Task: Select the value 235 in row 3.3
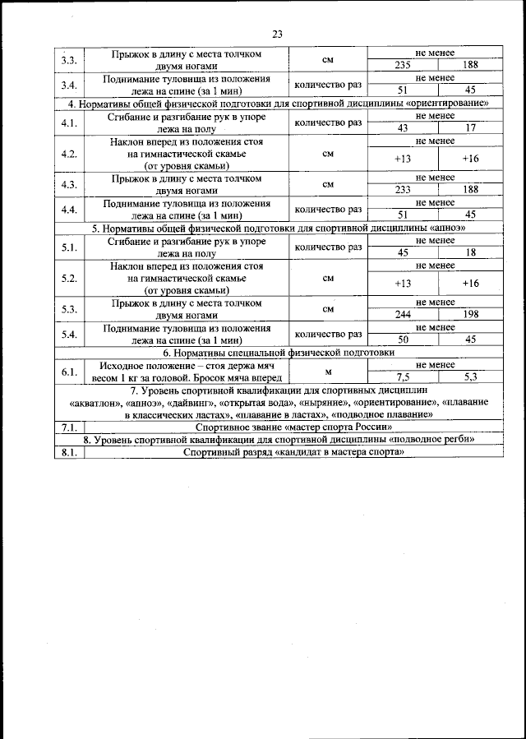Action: (403, 65)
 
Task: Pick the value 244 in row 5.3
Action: (403, 313)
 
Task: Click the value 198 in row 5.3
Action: (470, 313)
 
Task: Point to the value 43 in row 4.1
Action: (403, 127)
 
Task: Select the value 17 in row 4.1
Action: (470, 127)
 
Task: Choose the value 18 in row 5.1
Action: (470, 252)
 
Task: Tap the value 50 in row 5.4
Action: (403, 339)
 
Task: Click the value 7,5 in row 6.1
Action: (403, 376)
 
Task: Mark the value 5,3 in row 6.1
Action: (470, 376)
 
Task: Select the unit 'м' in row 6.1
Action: (328, 371)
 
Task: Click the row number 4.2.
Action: (69, 154)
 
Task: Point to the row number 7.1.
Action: (69, 427)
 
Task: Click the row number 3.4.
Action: (69, 85)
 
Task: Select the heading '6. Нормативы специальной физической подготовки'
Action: (277, 352)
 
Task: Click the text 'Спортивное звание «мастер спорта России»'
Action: (288, 427)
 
